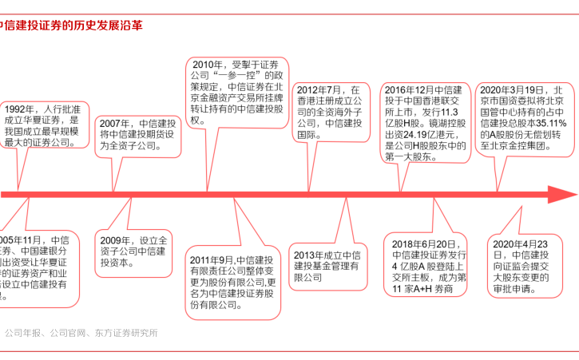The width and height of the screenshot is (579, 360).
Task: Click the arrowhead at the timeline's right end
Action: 561,195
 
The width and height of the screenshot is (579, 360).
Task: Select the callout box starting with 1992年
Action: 46,126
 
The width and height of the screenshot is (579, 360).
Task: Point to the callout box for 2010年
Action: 237,93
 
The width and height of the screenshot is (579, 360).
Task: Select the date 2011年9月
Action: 212,259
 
